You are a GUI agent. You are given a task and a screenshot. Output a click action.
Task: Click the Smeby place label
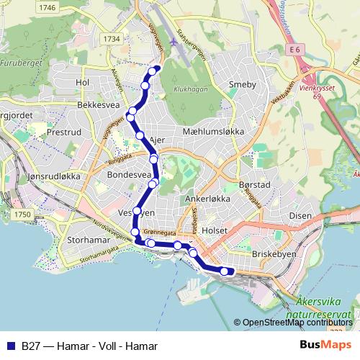[242, 85]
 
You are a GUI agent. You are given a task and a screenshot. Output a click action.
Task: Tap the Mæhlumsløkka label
[214, 132]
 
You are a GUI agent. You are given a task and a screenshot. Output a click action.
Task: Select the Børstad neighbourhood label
[254, 185]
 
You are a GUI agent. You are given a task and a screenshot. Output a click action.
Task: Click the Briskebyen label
[271, 254]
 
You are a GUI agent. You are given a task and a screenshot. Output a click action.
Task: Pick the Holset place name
[215, 230]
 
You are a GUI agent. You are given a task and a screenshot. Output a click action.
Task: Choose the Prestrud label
[63, 133]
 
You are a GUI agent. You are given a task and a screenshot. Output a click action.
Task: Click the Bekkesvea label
[98, 104]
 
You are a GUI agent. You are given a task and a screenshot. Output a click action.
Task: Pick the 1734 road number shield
[112, 39]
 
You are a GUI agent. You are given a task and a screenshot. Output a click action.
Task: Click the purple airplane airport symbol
[174, 41]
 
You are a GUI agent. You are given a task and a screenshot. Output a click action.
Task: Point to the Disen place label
[300, 215]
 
